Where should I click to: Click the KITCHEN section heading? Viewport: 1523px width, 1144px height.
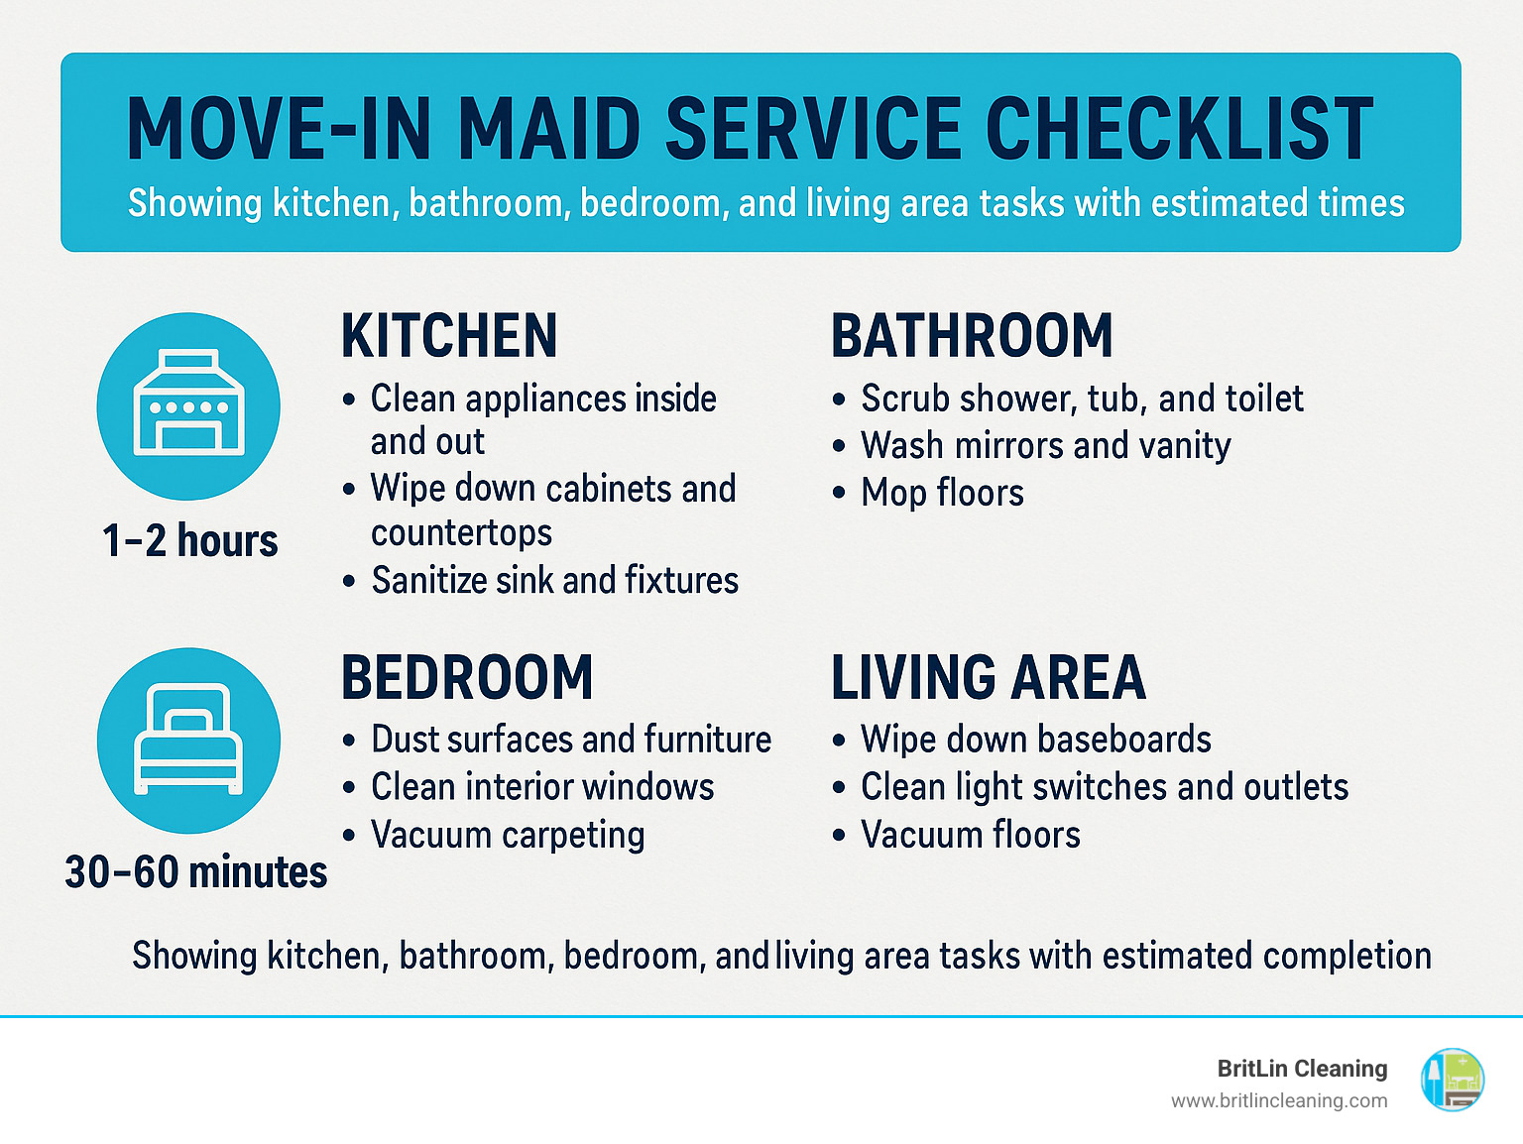click(x=449, y=336)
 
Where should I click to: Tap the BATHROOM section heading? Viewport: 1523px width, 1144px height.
click(x=972, y=336)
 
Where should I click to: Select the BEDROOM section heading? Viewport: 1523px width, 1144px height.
click(x=467, y=678)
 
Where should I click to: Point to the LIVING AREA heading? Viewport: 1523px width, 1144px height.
click(x=988, y=678)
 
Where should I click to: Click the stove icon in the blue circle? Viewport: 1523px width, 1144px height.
click(x=188, y=405)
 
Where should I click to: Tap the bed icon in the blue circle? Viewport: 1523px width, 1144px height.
click(x=188, y=740)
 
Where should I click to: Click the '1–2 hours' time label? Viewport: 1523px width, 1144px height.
click(x=190, y=541)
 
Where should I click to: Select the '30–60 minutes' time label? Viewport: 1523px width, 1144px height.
click(x=196, y=872)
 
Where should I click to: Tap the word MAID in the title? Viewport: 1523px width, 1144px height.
click(x=548, y=129)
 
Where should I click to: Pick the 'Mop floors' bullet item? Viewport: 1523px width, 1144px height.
click(x=942, y=493)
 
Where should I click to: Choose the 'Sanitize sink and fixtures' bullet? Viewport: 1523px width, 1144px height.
click(x=554, y=580)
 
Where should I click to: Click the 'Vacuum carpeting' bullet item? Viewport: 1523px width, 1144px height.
click(x=508, y=835)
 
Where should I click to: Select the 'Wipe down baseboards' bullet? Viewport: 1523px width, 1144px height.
click(x=1036, y=740)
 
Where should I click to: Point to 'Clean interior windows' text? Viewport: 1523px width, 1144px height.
click(x=542, y=787)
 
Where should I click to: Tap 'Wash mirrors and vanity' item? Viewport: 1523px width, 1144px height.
click(x=1046, y=446)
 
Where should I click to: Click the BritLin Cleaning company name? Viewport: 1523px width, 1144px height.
click(x=1302, y=1069)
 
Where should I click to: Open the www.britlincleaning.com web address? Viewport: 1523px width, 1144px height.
click(x=1279, y=1100)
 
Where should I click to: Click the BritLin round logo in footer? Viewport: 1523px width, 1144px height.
click(x=1453, y=1080)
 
